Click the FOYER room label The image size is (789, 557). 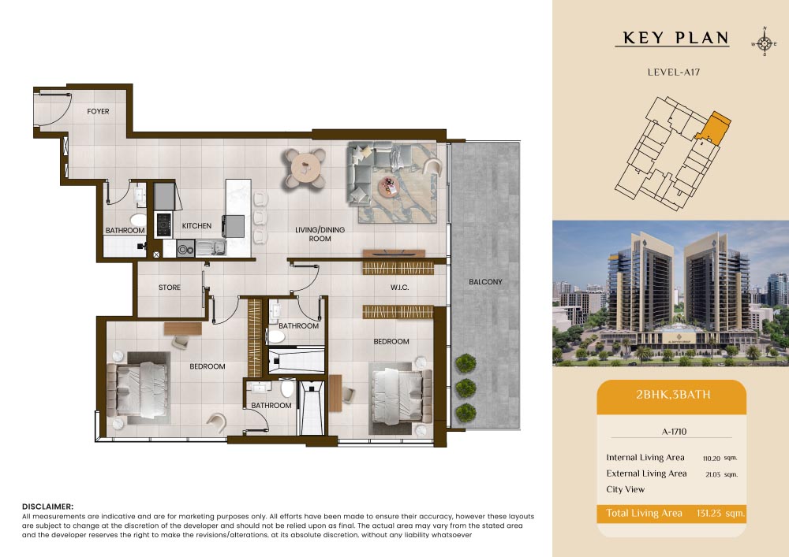(x=98, y=112)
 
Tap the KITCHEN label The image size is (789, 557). (x=196, y=226)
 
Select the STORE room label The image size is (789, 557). (x=169, y=288)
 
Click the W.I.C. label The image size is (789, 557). (x=399, y=288)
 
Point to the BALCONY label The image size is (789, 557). (x=485, y=282)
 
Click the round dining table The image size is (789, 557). (x=305, y=167)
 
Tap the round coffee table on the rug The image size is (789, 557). (x=388, y=187)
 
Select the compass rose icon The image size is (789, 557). (x=764, y=43)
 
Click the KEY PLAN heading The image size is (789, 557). (x=675, y=38)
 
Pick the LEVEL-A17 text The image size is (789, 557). (x=673, y=72)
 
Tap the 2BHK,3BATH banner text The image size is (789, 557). (x=673, y=394)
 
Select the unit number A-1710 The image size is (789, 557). (x=675, y=432)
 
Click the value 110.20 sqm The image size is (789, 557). (x=720, y=458)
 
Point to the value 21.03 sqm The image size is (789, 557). (x=721, y=474)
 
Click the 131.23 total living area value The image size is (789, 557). (x=720, y=514)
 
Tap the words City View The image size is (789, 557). (x=625, y=489)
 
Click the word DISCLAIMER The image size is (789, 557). (x=47, y=507)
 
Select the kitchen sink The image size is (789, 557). (x=211, y=248)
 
